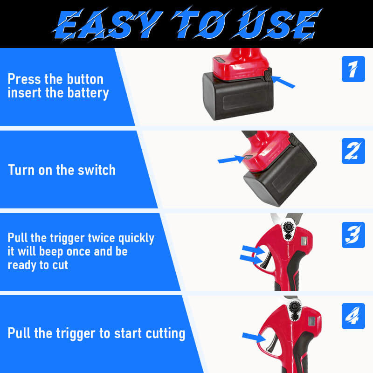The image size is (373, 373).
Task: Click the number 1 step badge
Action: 353,69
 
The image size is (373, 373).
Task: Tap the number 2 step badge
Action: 353,151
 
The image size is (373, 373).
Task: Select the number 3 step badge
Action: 353,235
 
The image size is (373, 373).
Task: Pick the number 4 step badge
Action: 353,316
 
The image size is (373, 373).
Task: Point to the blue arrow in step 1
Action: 283,82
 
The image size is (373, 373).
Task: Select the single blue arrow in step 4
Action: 254,337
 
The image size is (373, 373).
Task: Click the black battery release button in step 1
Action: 268,75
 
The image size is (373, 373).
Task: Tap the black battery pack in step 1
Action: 238,97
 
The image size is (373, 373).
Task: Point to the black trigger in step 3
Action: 266,259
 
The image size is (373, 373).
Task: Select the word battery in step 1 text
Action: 88,93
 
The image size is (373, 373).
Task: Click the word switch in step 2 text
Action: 97,170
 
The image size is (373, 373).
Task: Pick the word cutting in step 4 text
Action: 166,333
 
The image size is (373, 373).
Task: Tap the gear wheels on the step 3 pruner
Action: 289,231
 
